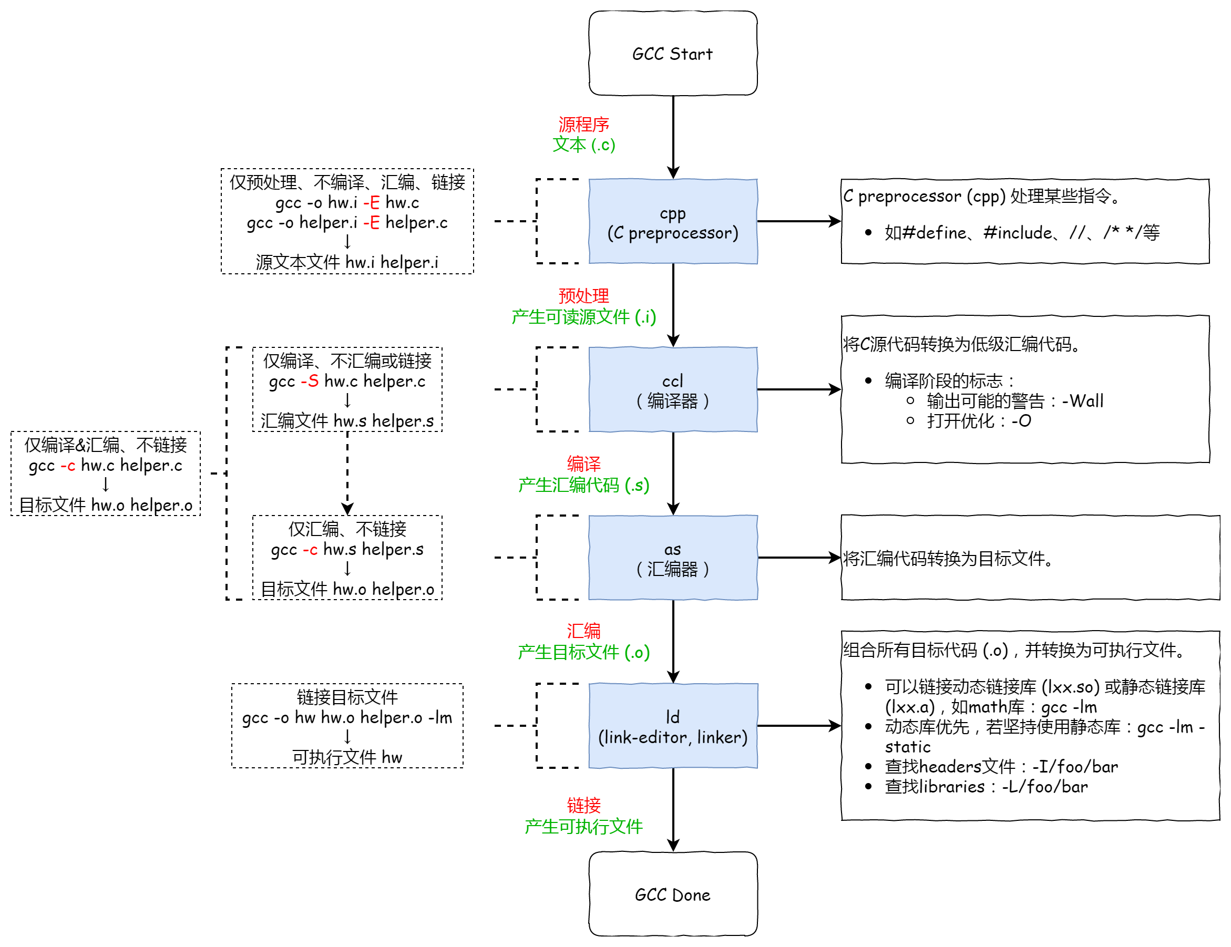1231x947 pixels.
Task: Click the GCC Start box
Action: click(672, 54)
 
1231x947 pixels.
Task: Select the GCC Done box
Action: click(672, 894)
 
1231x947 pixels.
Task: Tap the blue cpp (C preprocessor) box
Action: click(672, 222)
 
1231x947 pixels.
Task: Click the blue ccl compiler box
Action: click(672, 389)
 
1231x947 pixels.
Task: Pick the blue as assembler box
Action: click(672, 558)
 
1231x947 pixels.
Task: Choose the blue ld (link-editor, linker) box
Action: click(672, 726)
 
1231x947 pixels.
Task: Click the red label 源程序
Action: click(583, 124)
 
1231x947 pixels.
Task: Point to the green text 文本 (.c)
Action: click(583, 145)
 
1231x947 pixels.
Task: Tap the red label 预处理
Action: click(583, 295)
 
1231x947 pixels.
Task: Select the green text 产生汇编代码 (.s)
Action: click(583, 485)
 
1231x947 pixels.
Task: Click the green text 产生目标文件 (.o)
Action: click(583, 652)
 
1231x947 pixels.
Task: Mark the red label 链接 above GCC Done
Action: click(583, 805)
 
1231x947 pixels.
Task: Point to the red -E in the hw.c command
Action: click(371, 202)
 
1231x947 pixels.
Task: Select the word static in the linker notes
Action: click(907, 747)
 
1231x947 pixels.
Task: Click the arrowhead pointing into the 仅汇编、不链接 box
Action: click(347, 510)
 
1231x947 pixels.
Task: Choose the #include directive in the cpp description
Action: click(1018, 232)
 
